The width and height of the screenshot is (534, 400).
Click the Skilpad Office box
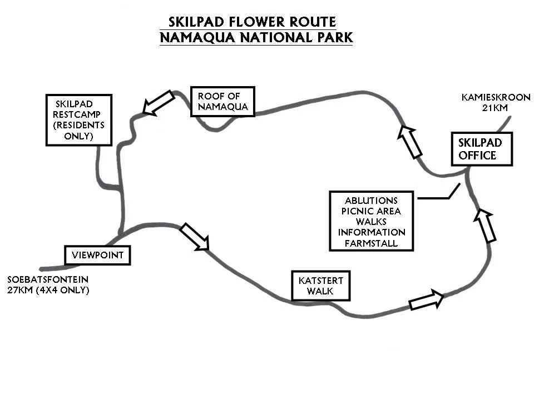[482, 149]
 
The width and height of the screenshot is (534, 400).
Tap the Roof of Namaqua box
[222, 101]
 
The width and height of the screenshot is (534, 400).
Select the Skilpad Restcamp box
[79, 120]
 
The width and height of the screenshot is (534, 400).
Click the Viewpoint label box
[97, 255]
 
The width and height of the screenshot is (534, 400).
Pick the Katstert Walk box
[320, 286]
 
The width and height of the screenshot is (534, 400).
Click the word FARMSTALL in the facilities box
[371, 243]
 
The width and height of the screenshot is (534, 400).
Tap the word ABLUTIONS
[371, 201]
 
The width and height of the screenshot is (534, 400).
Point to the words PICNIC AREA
[371, 211]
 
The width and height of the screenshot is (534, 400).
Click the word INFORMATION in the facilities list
[372, 232]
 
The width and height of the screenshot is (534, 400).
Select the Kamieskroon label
[496, 97]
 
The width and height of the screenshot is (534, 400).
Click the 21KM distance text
[495, 108]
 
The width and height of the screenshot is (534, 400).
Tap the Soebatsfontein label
[48, 279]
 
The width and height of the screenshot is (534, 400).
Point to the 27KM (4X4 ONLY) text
[48, 290]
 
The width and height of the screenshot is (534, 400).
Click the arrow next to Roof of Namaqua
[159, 103]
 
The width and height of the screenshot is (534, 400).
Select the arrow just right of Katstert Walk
[427, 299]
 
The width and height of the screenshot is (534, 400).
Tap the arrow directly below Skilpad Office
[485, 226]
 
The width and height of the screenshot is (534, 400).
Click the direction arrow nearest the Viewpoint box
[195, 237]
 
